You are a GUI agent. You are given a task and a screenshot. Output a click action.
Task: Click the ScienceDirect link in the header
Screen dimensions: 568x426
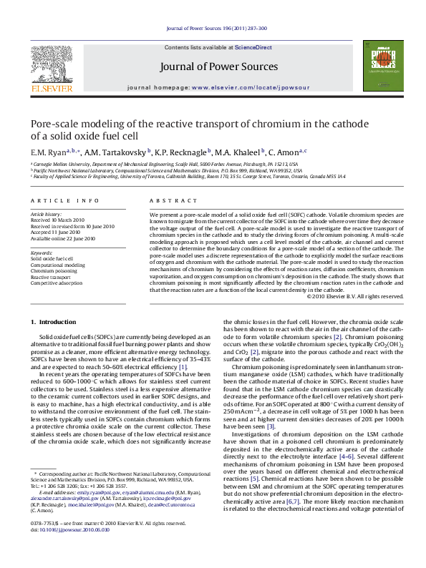[255, 47]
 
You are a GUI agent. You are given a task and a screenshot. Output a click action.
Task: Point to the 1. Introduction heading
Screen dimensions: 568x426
[57, 323]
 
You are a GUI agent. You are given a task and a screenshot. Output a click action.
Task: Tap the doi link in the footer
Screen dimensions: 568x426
[70, 551]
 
